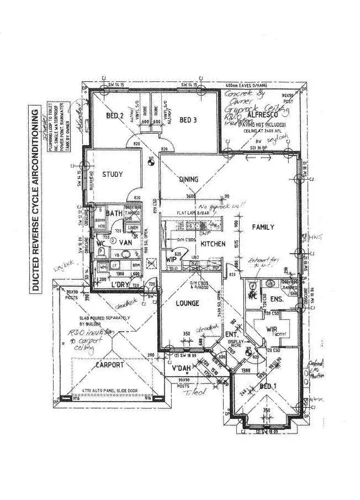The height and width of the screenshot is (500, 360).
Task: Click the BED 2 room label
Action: [114, 116]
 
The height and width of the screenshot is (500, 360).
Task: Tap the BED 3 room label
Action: [188, 119]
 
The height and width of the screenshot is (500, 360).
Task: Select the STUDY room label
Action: [112, 175]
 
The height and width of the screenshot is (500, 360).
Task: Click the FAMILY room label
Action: [263, 227]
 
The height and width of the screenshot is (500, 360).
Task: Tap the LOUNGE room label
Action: [187, 303]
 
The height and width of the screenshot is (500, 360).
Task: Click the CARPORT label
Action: [109, 365]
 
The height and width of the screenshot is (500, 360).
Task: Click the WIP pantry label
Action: [171, 259]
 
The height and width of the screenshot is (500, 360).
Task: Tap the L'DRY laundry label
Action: [120, 284]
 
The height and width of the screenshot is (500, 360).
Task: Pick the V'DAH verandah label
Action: [182, 369]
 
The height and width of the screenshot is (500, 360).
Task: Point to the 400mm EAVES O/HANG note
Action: [251, 86]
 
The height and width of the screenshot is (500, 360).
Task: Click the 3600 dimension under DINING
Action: [191, 197]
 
